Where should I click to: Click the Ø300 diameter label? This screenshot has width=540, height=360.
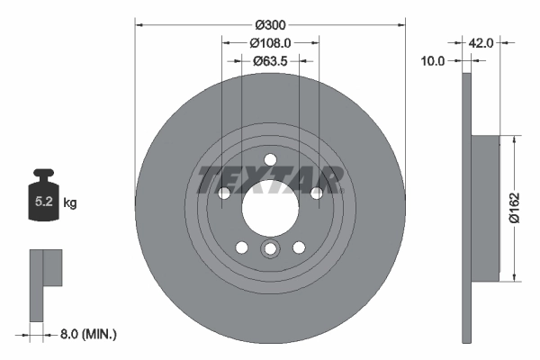click(x=269, y=24)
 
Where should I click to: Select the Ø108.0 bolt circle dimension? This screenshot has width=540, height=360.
click(x=269, y=42)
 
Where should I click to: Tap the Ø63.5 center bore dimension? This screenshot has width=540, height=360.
click(x=269, y=62)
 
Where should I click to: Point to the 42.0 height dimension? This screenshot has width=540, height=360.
click(x=481, y=42)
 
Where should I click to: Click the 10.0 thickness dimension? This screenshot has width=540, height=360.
click(x=435, y=61)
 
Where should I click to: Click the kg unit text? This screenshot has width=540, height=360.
click(x=70, y=203)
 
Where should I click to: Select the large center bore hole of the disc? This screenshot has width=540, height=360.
click(x=270, y=205)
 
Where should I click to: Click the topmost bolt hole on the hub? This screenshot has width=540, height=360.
click(x=270, y=160)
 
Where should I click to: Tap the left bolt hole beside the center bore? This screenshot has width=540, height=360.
click(x=224, y=193)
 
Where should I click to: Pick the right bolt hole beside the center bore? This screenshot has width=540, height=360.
click(x=316, y=193)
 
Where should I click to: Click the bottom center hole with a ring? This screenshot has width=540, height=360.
click(x=270, y=249)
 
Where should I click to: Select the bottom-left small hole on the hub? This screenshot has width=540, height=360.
click(x=241, y=247)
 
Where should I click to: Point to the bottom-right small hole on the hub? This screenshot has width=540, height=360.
click(x=299, y=247)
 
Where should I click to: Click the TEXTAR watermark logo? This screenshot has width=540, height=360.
click(x=270, y=179)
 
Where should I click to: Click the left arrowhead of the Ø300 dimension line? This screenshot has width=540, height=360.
click(x=139, y=24)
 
